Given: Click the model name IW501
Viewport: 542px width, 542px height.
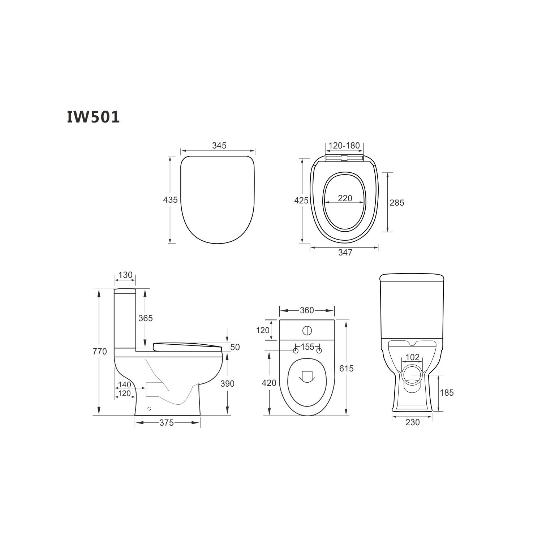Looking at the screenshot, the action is pos(93,117).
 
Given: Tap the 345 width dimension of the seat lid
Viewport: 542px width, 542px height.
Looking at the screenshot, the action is pos(219,145).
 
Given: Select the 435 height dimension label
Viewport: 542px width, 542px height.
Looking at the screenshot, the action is pos(171,199).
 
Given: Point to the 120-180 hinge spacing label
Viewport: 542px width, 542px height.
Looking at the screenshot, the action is pos(344,145).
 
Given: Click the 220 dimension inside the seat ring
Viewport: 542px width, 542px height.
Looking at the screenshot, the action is pos(345,198).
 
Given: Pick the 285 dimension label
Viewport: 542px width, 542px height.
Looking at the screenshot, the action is pos(397,203).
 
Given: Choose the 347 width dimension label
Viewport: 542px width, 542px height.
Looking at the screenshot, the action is pos(345,253).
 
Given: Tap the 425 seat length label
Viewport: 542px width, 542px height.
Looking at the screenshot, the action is pos(301,200).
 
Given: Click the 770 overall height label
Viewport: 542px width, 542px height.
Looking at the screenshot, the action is pos(100,351).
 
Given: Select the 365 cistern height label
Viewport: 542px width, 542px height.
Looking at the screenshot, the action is pos(146,318).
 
